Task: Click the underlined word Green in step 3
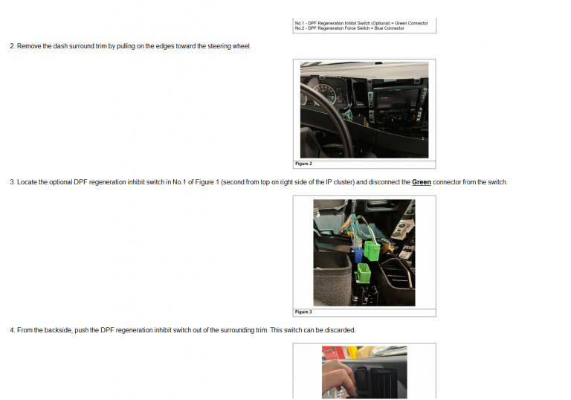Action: [422, 182]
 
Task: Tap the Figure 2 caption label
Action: [303, 164]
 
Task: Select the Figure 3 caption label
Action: [303, 312]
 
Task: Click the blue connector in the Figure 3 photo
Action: [358, 254]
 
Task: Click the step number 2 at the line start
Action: [13, 46]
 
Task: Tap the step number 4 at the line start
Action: [13, 330]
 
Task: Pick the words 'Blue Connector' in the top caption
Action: [390, 28]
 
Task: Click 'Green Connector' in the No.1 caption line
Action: [411, 23]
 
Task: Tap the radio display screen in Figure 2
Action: [396, 98]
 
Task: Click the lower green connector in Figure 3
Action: [363, 274]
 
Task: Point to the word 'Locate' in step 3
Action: [27, 182]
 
